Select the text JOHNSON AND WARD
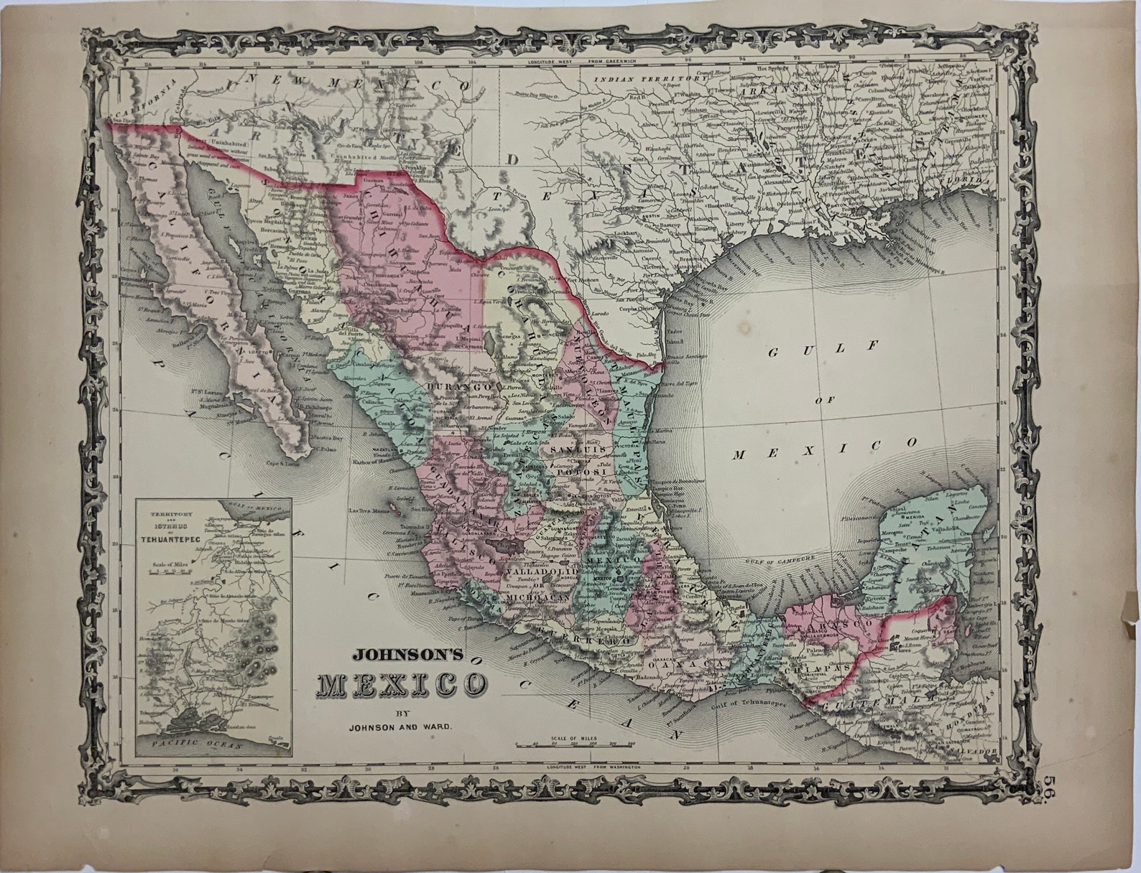pos(399,727)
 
